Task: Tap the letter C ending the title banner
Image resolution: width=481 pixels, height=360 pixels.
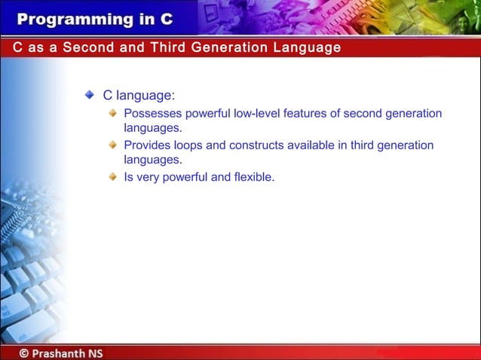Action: (166, 18)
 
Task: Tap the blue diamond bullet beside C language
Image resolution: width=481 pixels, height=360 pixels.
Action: (90, 96)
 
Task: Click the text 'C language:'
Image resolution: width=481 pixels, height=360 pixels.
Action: (139, 96)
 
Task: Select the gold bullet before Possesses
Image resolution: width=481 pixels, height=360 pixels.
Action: (112, 114)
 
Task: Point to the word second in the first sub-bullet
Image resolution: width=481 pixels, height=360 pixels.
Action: (363, 114)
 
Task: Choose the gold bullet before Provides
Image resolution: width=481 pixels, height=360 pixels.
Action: (112, 145)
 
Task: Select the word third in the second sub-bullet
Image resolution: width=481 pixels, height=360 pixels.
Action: (357, 145)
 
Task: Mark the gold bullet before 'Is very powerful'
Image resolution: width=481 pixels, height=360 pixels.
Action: (112, 177)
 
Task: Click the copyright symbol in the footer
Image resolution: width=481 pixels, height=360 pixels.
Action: (25, 352)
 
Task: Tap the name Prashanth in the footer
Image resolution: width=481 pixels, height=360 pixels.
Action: (60, 352)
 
